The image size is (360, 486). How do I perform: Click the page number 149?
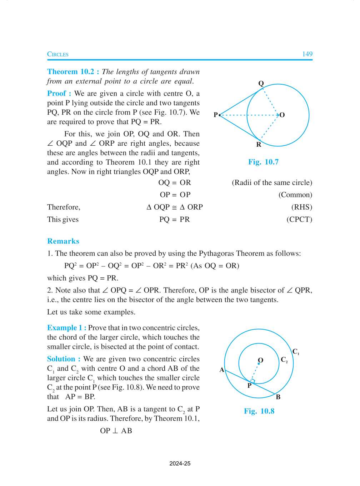[307, 54]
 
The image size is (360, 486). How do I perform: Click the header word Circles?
[58, 54]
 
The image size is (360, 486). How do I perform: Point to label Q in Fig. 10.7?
[261, 84]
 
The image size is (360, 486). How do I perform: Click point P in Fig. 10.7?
[219, 115]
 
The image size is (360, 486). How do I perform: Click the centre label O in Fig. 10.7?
[282, 115]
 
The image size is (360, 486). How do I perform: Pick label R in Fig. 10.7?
[259, 145]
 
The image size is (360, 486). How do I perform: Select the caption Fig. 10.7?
[263, 162]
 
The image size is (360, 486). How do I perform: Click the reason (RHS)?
[301, 207]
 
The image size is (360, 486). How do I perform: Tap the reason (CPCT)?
[299, 220]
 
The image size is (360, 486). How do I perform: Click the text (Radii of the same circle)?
[272, 183]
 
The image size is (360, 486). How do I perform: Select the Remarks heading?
[63, 241]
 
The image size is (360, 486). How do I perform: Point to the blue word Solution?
[61, 359]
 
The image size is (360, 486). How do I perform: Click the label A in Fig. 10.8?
[222, 370]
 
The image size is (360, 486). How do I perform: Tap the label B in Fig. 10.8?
[278, 397]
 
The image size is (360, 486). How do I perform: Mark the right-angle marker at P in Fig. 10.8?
[252, 381]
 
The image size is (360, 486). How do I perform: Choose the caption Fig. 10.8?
[259, 411]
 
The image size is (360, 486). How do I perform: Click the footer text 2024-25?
[180, 464]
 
